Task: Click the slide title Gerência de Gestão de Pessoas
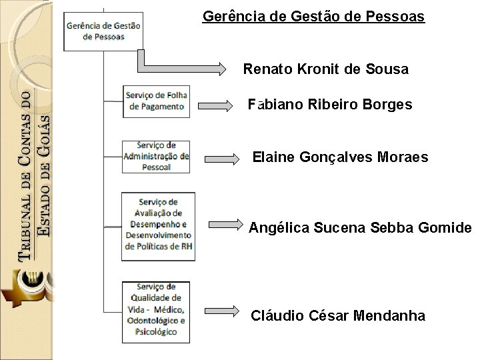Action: coord(313,16)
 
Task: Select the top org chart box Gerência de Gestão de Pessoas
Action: coord(103,31)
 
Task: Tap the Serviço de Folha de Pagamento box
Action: coord(156,101)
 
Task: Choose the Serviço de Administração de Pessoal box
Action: coord(156,156)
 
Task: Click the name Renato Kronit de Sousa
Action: coord(325,69)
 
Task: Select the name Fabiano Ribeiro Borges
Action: coord(329,105)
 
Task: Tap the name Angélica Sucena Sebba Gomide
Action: coord(360,229)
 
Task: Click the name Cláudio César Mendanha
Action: coord(337,315)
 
